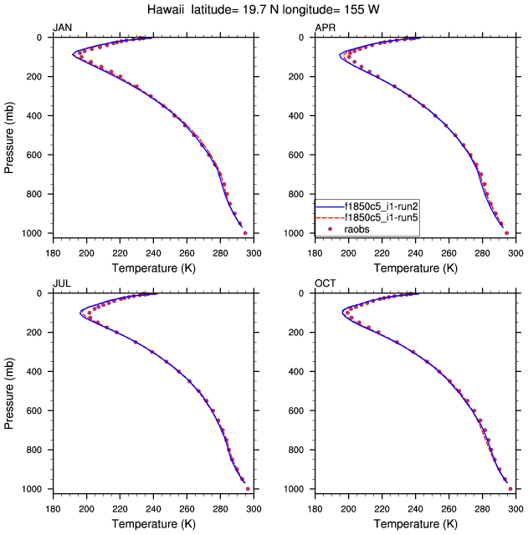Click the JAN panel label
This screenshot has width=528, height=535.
63,28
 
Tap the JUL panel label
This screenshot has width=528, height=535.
62,284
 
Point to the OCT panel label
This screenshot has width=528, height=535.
325,284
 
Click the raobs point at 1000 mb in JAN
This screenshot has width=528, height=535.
245,233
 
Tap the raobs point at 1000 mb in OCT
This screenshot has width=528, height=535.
510,489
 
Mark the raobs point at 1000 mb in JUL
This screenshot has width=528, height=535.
248,489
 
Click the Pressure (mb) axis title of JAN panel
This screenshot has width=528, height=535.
9,135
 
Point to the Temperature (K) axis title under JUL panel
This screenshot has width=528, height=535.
153,523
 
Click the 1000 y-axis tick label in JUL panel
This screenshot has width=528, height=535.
34,489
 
